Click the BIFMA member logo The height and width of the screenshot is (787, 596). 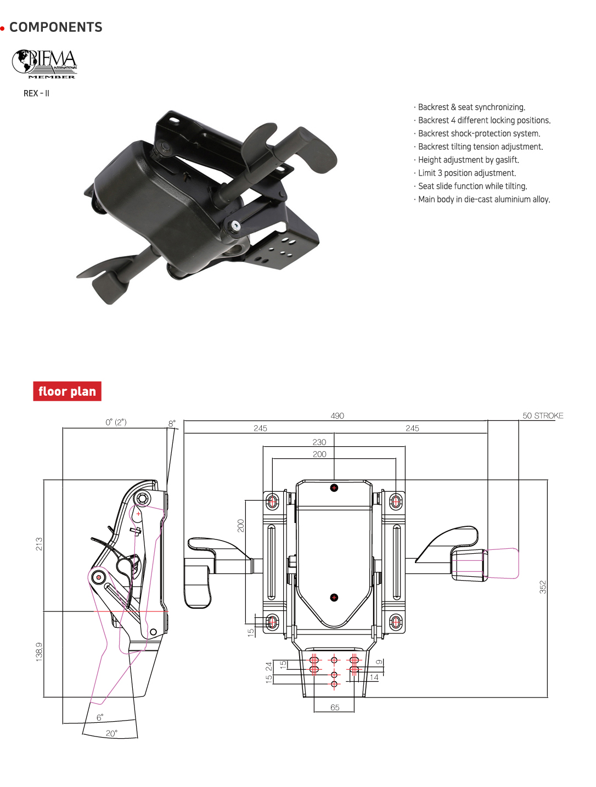click(x=45, y=64)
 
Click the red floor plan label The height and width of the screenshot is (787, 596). click(x=67, y=391)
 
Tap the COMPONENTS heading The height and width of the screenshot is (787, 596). click(x=55, y=27)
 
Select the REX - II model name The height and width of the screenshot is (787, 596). click(x=36, y=93)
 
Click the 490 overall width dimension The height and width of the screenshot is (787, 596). click(x=337, y=415)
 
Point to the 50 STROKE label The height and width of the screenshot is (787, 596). click(x=542, y=415)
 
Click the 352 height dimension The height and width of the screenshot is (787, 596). click(x=543, y=587)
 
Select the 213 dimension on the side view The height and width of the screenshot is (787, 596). click(x=39, y=544)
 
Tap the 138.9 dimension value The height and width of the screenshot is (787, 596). click(x=39, y=651)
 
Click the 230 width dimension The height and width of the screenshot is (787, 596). click(x=319, y=442)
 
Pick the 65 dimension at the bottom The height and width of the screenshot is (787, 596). click(x=335, y=707)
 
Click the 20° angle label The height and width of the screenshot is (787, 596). click(x=111, y=733)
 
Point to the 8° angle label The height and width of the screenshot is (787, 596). click(x=172, y=423)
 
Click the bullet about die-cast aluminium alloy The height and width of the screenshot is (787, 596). click(x=483, y=199)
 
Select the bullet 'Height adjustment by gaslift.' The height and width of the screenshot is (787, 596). click(x=468, y=160)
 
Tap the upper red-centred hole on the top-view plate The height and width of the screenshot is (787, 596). click(x=334, y=487)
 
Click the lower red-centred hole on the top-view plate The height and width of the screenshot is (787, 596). click(x=334, y=597)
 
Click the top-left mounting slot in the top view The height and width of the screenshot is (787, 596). click(x=272, y=501)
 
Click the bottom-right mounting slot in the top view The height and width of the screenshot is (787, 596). click(x=396, y=622)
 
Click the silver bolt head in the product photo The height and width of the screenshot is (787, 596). click(x=235, y=226)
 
